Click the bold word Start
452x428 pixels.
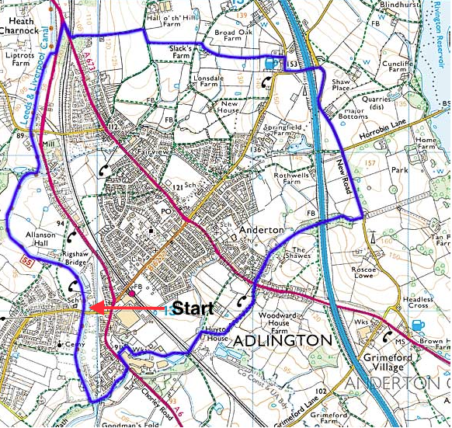click(193, 308)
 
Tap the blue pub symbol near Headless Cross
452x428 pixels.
click(419, 325)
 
